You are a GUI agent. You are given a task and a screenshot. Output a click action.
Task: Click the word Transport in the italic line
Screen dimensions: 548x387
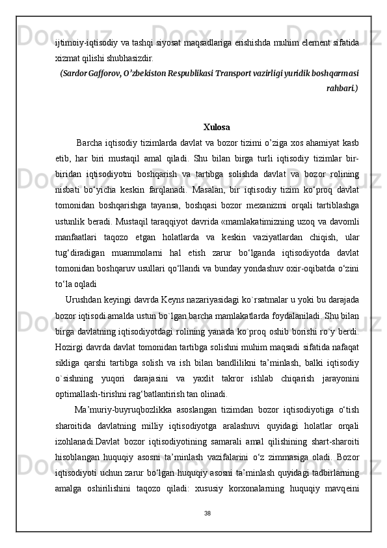pos(233,71)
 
